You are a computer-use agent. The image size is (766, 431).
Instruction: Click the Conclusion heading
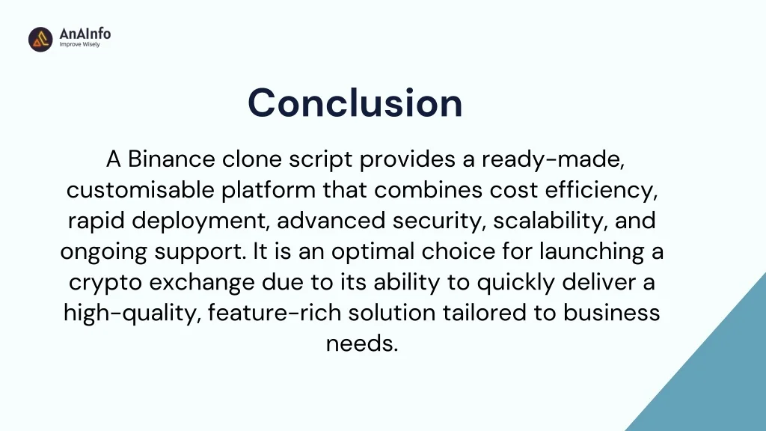355,103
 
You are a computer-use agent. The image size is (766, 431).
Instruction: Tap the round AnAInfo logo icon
40,39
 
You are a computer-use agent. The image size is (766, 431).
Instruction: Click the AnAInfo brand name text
85,33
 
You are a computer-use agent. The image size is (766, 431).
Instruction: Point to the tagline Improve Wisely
79,44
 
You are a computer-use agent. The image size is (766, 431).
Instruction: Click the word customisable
140,189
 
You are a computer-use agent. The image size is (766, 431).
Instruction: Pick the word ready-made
553,159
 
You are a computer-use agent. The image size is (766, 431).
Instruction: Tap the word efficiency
601,190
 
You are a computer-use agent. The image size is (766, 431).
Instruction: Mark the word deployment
200,221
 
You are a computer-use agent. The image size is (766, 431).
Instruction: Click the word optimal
373,251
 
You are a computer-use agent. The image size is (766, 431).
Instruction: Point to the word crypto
105,282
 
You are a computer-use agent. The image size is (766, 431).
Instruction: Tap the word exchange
202,282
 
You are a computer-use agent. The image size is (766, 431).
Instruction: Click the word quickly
516,282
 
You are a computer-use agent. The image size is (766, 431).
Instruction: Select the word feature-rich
275,313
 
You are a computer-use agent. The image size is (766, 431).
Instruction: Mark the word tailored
485,313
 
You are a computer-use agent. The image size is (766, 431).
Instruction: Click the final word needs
362,343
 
